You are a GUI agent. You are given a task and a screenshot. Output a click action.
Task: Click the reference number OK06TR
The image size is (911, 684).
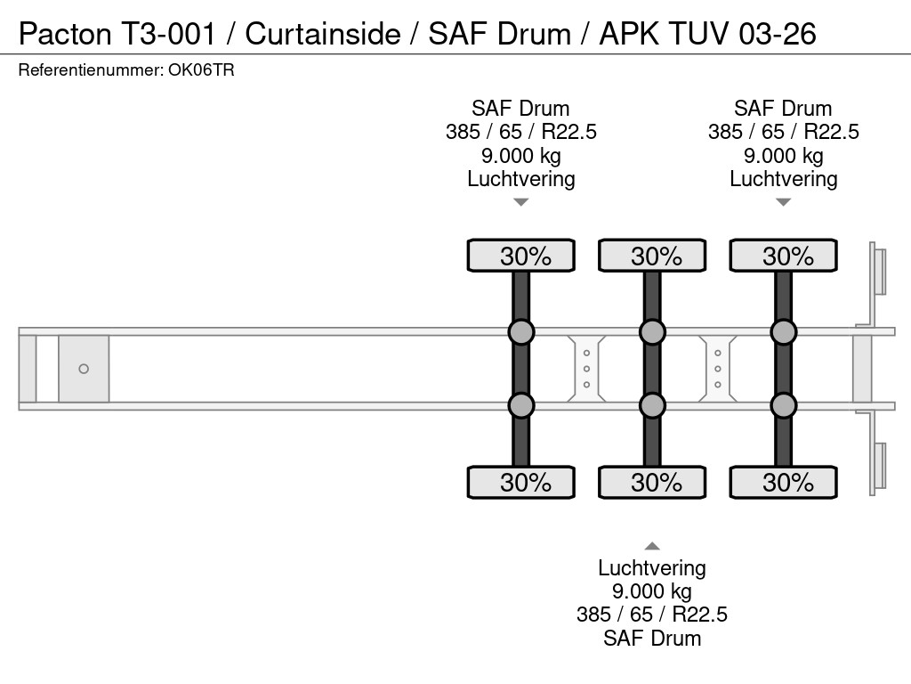(201, 70)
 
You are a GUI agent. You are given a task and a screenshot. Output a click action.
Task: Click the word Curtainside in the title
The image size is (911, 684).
(323, 34)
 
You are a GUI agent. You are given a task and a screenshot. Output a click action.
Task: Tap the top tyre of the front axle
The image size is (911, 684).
(521, 256)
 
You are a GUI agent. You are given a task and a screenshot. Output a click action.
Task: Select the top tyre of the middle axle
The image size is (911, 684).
(652, 256)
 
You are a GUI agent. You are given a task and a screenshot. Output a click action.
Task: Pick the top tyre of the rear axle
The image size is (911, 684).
(783, 256)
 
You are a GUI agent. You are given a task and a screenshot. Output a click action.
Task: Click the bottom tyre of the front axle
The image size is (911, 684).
(521, 483)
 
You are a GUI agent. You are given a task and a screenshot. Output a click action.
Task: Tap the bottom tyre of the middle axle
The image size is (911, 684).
(652, 483)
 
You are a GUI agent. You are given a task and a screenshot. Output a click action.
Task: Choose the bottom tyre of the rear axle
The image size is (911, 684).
(783, 483)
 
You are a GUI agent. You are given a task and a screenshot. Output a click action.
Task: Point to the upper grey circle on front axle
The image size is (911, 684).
(521, 332)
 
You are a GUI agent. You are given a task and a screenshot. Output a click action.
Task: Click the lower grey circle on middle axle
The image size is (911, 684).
(652, 406)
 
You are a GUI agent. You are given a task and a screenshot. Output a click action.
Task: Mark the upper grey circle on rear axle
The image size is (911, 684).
(783, 332)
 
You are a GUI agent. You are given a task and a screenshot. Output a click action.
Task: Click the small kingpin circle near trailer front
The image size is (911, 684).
(84, 369)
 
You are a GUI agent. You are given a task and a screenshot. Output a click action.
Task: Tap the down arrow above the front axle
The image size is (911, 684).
(521, 202)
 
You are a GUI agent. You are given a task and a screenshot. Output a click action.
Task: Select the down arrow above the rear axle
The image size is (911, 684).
(783, 202)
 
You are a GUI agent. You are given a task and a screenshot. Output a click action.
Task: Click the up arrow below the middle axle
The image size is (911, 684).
(652, 546)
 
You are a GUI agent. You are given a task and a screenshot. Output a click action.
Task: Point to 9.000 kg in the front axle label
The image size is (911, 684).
(521, 156)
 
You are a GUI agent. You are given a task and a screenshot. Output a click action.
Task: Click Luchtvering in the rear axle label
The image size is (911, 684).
(783, 179)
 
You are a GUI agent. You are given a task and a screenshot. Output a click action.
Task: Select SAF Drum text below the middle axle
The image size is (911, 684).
(652, 638)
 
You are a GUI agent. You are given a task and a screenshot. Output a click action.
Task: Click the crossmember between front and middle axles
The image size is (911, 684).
(587, 369)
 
